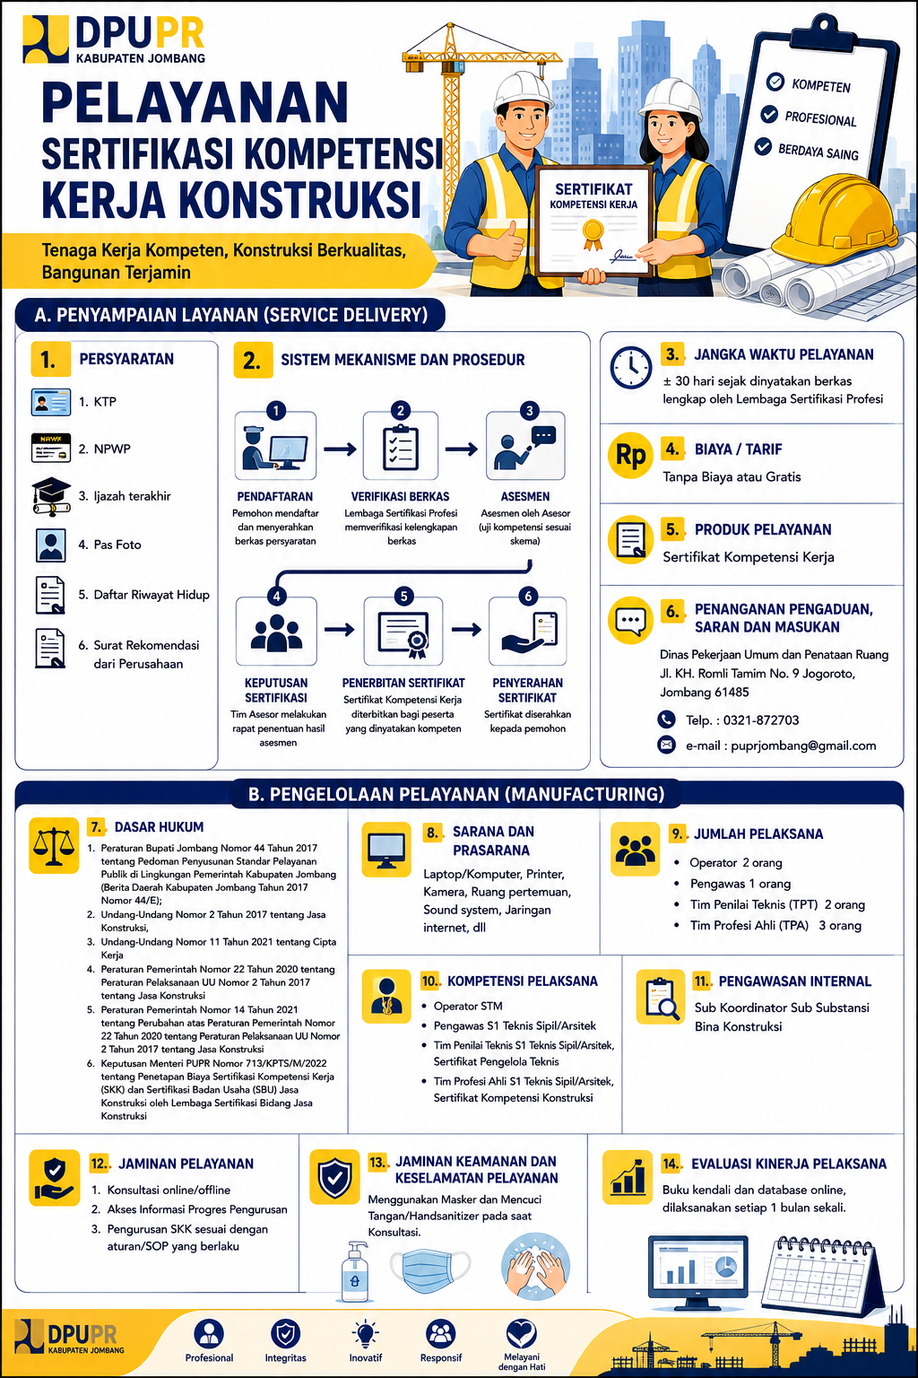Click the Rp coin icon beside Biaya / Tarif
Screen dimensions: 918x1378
click(630, 455)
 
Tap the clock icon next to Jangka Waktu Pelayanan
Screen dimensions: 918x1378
click(631, 367)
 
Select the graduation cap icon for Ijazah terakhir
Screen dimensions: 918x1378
click(51, 496)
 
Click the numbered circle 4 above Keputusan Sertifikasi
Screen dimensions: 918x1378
click(277, 596)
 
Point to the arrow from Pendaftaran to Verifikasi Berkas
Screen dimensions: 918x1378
click(340, 449)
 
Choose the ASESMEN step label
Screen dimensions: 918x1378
click(525, 496)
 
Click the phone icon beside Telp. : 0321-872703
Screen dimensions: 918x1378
click(666, 719)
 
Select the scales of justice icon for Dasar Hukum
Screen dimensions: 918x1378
click(54, 845)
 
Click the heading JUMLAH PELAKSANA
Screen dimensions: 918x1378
click(758, 834)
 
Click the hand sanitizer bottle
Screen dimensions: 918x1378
click(355, 1270)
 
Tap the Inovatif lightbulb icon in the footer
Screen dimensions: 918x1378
click(365, 1334)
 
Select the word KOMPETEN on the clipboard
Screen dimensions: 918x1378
click(821, 85)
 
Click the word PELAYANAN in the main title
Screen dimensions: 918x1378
click(195, 103)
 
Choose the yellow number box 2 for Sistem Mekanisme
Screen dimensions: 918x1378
click(253, 361)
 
